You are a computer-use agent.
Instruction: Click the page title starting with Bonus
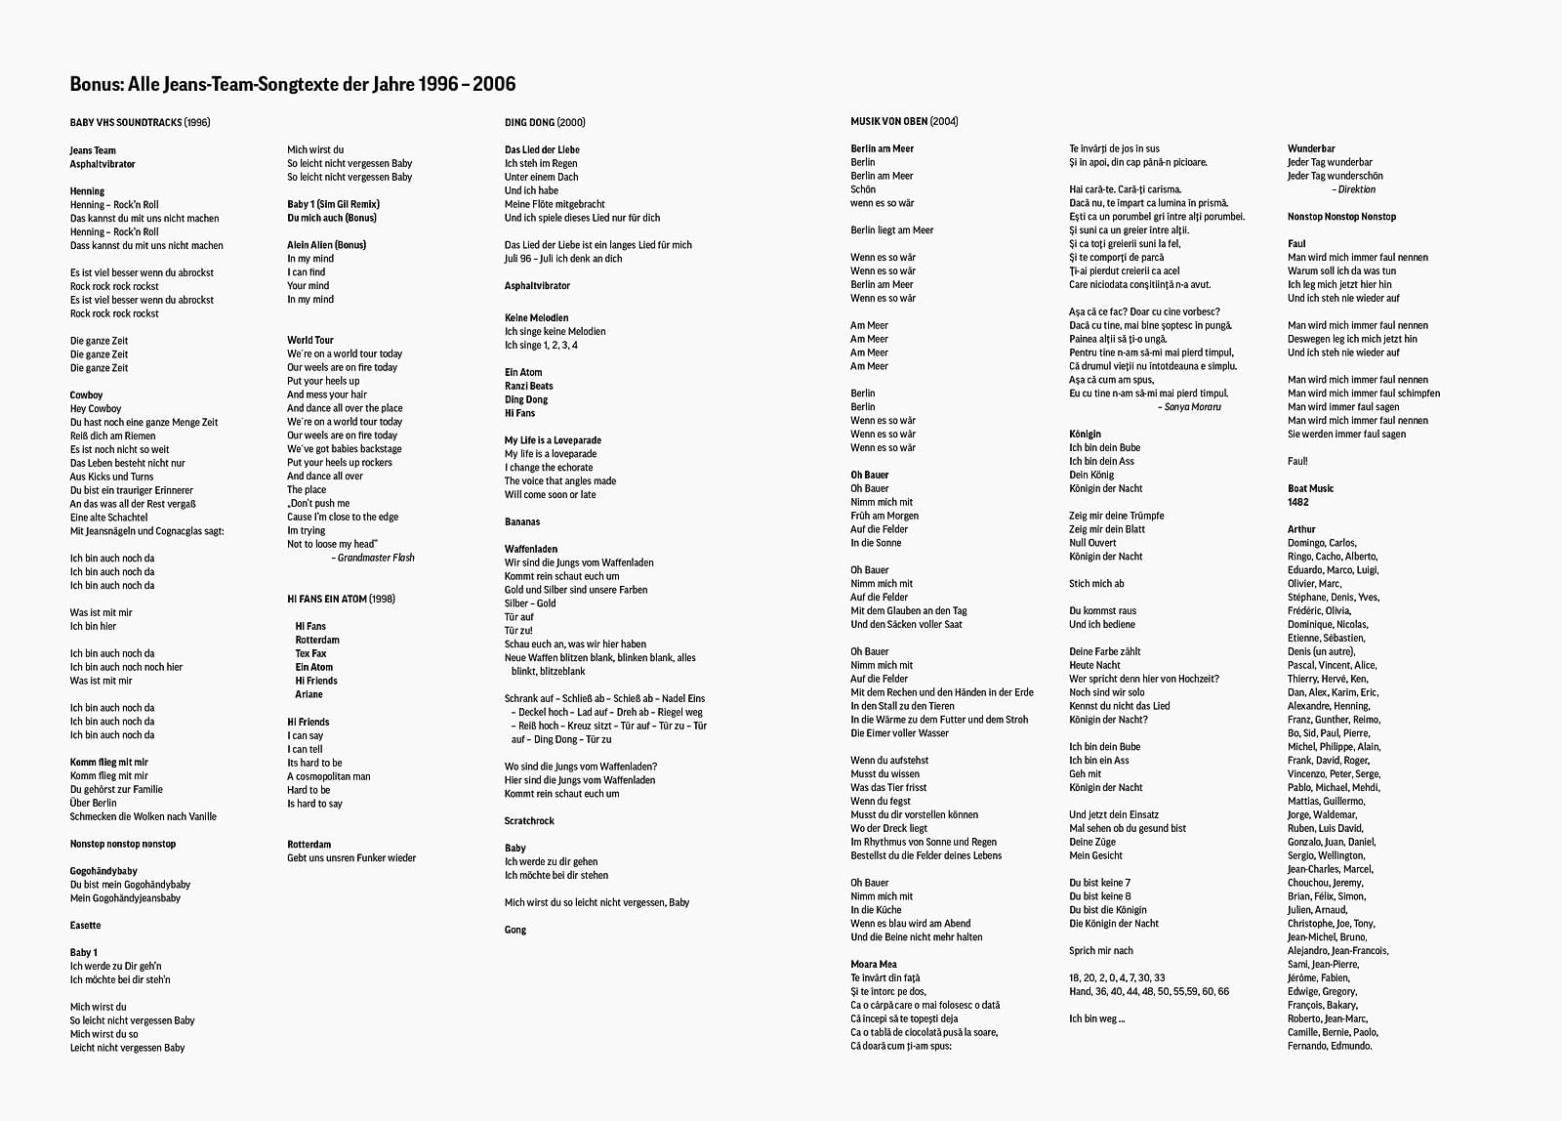click(x=293, y=84)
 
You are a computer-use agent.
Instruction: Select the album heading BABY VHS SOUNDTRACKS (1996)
click(x=140, y=122)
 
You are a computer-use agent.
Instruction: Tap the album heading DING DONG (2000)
click(x=545, y=122)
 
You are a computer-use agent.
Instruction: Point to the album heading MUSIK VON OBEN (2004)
click(x=904, y=121)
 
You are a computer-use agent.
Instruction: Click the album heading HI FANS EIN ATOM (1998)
click(x=341, y=599)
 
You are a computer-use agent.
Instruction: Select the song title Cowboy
click(x=86, y=394)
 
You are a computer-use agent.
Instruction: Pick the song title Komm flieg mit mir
click(x=109, y=762)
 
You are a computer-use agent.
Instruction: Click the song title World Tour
click(x=310, y=340)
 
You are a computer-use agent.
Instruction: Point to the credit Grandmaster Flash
click(x=375, y=558)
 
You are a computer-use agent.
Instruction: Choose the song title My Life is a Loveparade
click(x=553, y=439)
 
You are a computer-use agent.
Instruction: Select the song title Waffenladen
click(x=531, y=549)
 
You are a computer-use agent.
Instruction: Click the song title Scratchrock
click(x=529, y=820)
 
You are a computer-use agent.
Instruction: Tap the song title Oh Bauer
click(x=870, y=475)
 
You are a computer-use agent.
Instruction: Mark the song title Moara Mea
click(x=874, y=964)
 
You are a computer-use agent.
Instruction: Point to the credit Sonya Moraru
click(x=1192, y=406)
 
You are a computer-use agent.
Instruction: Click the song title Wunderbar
click(x=1311, y=148)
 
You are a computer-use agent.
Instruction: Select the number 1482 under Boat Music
click(x=1298, y=502)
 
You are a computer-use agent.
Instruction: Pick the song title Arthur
click(x=1301, y=529)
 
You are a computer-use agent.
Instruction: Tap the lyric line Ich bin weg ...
click(x=1096, y=1018)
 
